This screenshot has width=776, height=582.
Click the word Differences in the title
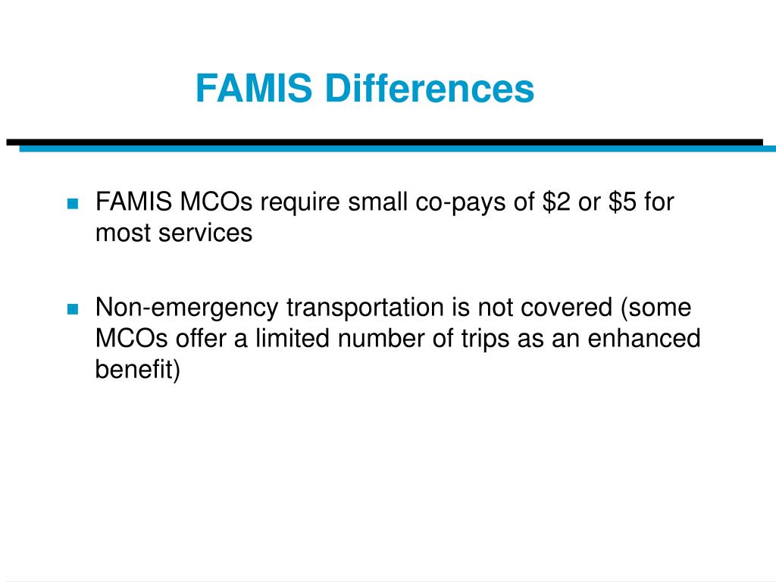(x=430, y=89)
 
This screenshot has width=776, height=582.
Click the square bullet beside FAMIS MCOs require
(x=73, y=204)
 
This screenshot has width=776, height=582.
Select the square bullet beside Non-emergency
(x=73, y=308)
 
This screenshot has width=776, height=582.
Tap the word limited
(x=286, y=339)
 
